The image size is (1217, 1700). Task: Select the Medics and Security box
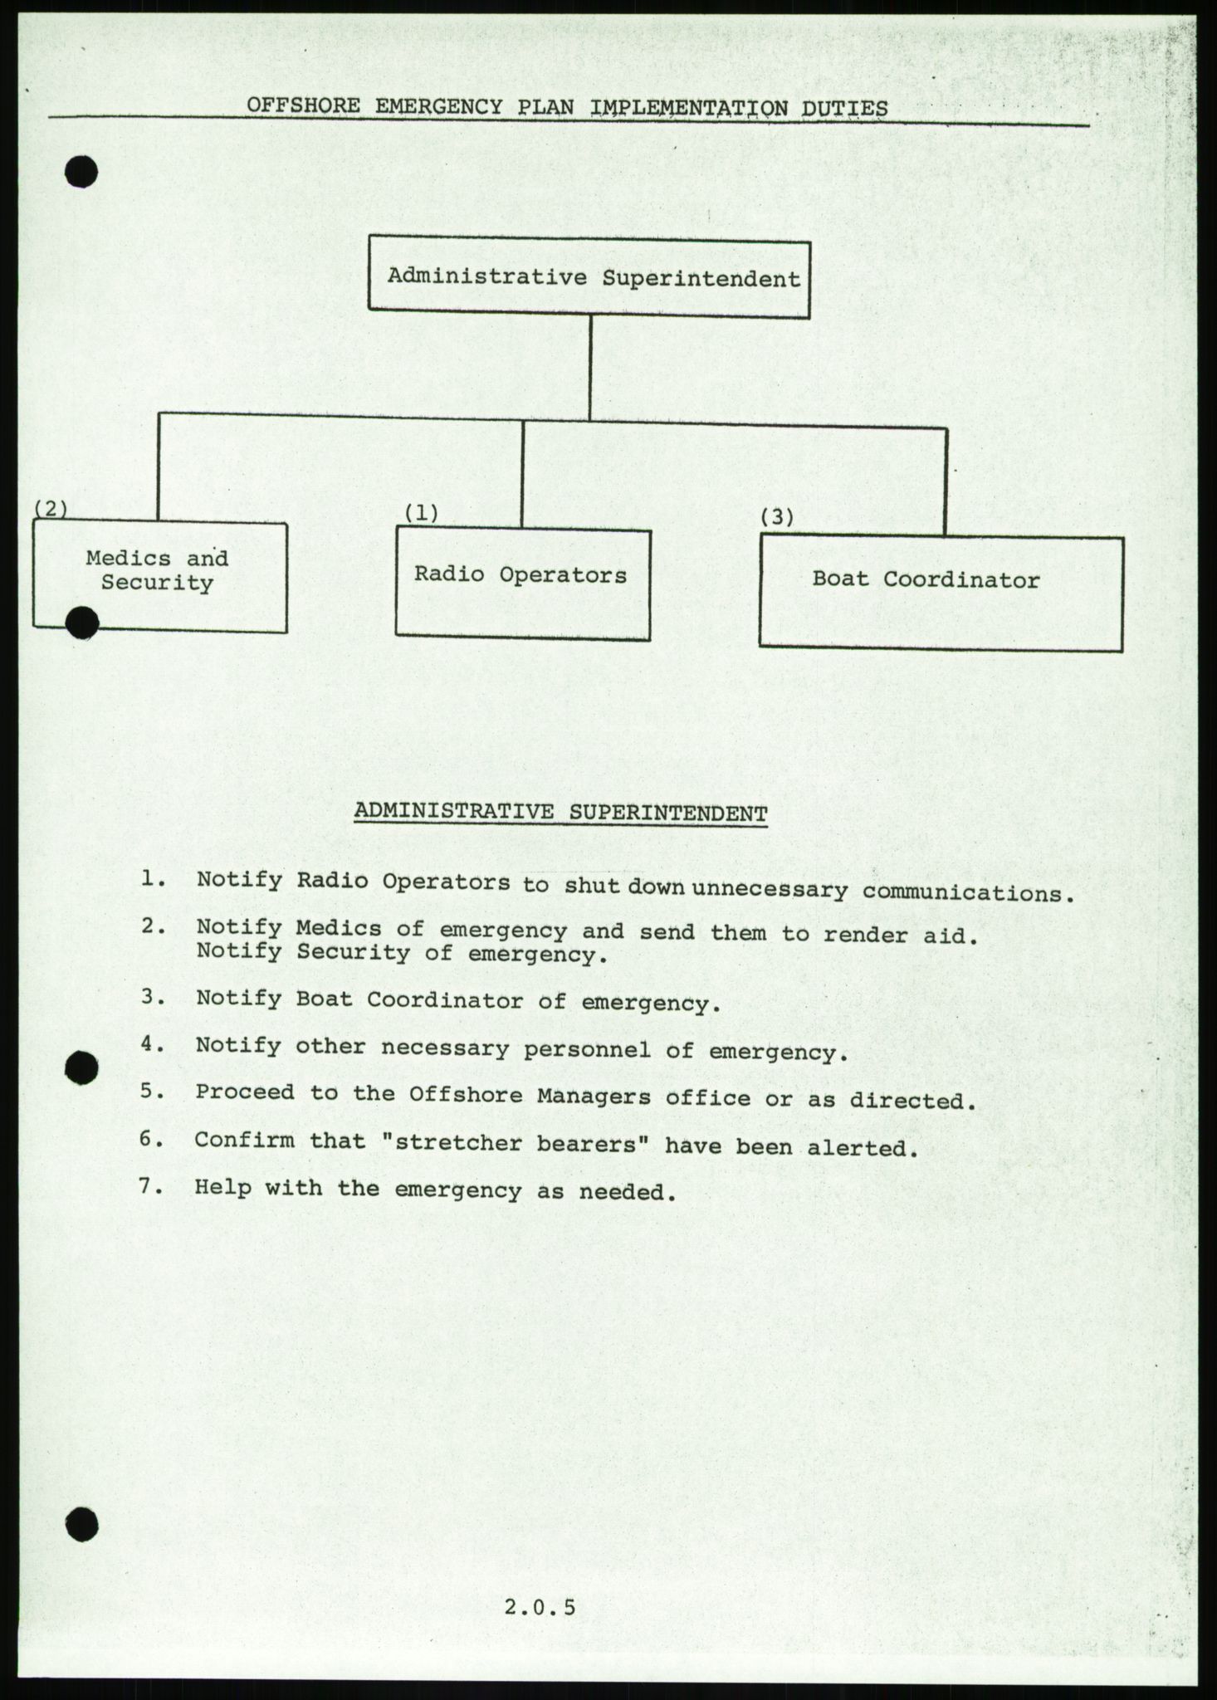[160, 577]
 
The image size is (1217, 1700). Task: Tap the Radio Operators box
[522, 584]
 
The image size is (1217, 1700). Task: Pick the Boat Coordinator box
[941, 593]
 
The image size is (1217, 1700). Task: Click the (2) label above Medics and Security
[50, 508]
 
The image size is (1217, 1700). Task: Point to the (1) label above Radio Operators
[421, 513]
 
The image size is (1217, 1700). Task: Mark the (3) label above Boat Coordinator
[777, 517]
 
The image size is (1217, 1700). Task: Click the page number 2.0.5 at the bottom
[540, 1607]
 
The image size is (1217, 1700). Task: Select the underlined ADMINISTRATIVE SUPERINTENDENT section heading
[560, 813]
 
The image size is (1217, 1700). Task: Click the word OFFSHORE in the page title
[304, 106]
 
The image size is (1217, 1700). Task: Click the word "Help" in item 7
[222, 1188]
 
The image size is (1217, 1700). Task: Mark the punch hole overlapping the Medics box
[82, 623]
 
